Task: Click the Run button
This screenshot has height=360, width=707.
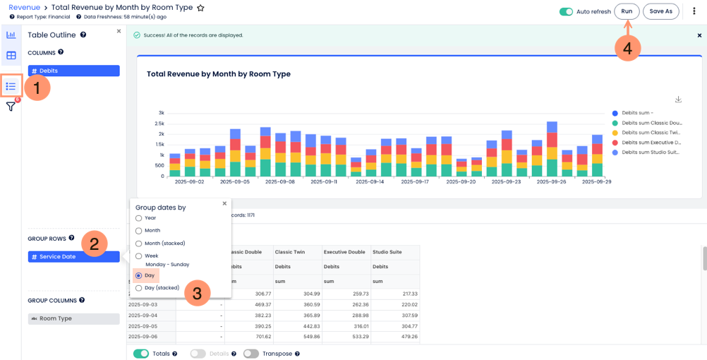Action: tap(627, 11)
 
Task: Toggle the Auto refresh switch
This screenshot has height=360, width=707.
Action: tap(566, 12)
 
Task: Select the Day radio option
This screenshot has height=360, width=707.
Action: tap(139, 275)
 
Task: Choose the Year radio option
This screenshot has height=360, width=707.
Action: tap(139, 218)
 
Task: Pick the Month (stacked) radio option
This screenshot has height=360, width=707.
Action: tap(139, 243)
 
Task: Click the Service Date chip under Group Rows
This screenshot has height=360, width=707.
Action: tap(73, 257)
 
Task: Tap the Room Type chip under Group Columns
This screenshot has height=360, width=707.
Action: tap(73, 318)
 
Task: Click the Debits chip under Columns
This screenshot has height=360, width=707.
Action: tap(73, 71)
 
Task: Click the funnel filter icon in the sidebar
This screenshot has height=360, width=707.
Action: tap(11, 107)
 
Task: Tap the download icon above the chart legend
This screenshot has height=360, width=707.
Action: tap(677, 100)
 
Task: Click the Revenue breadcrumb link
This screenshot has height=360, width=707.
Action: tap(25, 7)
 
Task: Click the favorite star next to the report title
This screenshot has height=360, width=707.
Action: tap(200, 8)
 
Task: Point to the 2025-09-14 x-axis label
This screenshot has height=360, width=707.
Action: tap(370, 182)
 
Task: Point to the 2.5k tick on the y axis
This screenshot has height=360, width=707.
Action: tap(159, 123)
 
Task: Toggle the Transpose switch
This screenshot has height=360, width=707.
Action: tap(251, 354)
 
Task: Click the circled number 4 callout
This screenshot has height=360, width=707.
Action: tap(628, 49)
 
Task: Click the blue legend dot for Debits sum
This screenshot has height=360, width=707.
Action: tap(615, 113)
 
